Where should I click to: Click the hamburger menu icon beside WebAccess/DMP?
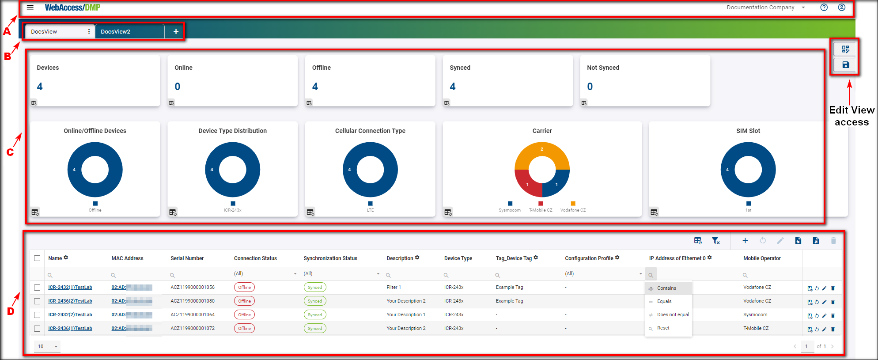(30, 8)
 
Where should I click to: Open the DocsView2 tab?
(116, 32)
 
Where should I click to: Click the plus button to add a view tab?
(176, 31)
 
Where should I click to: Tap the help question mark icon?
(824, 8)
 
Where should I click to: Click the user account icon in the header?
(841, 8)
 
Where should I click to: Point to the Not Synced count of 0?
(590, 87)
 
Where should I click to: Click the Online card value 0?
(177, 87)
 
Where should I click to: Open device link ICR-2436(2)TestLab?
(70, 301)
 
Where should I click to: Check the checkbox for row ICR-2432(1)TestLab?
(37, 288)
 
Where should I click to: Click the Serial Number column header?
(187, 258)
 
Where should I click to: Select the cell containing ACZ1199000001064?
(193, 315)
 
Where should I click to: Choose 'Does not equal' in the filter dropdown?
(673, 315)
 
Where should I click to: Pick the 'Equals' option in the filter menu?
(664, 302)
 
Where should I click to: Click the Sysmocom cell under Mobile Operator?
(755, 315)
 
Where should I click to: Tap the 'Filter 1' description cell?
(394, 288)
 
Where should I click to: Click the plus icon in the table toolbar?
(745, 241)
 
